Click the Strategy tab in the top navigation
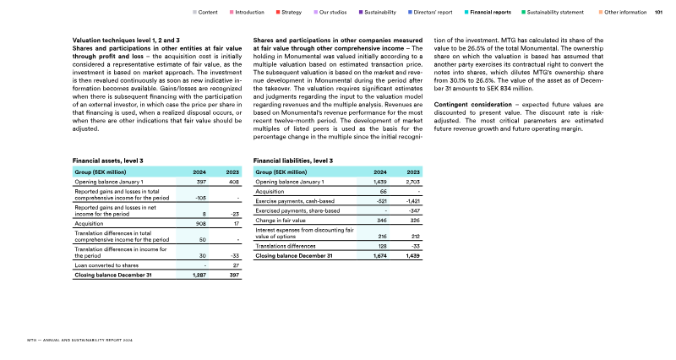coord(292,13)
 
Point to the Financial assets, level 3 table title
coord(108,160)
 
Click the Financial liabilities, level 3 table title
coord(292,160)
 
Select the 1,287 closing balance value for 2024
coord(199,275)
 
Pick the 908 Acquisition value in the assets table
coord(200,224)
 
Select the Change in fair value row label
coord(281,220)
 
